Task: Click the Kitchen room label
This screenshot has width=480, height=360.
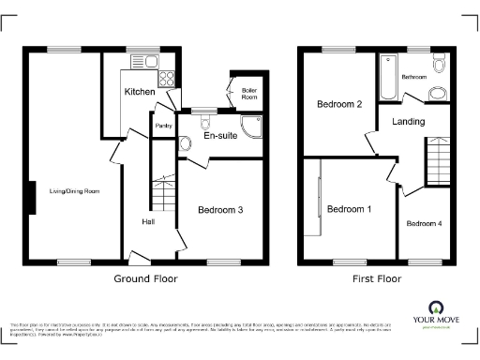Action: (141, 92)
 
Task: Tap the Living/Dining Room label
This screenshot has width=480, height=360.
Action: (74, 191)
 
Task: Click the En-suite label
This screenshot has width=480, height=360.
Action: (220, 136)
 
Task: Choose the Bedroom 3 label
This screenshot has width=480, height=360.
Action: (220, 211)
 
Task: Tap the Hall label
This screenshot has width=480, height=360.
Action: (148, 222)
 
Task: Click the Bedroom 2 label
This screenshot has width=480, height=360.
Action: (338, 104)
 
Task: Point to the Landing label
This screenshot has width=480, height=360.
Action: (409, 122)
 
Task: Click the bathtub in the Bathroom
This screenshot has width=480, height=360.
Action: (386, 76)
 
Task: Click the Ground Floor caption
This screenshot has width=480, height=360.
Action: (145, 278)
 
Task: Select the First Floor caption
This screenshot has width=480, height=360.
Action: (376, 278)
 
